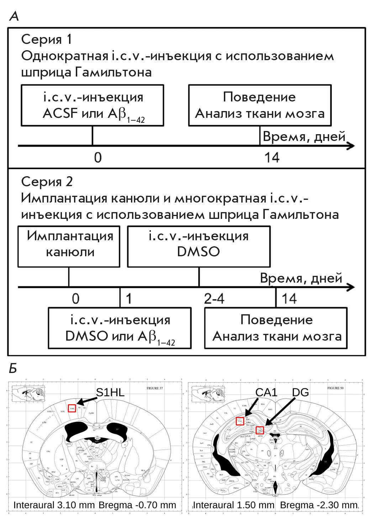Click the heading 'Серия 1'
click(x=47, y=39)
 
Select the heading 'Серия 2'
click(x=47, y=182)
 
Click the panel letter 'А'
click(x=14, y=16)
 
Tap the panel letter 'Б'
click(x=13, y=368)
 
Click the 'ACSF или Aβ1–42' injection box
click(x=93, y=105)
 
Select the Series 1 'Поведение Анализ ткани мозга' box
click(x=260, y=105)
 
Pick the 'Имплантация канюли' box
click(x=69, y=247)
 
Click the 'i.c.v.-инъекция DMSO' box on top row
click(x=199, y=247)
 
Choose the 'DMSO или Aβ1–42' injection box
click(x=120, y=328)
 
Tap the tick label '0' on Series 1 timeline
click(x=98, y=157)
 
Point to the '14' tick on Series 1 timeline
click(x=272, y=157)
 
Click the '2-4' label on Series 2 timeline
click(x=214, y=299)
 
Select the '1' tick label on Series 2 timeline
click(x=128, y=299)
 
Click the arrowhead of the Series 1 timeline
click(x=351, y=146)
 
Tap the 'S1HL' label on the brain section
click(x=110, y=392)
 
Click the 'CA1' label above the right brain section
click(x=266, y=392)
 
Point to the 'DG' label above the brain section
click(x=300, y=392)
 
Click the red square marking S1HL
click(x=72, y=408)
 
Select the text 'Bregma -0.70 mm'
click(x=137, y=505)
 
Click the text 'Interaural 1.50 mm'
click(x=233, y=505)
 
